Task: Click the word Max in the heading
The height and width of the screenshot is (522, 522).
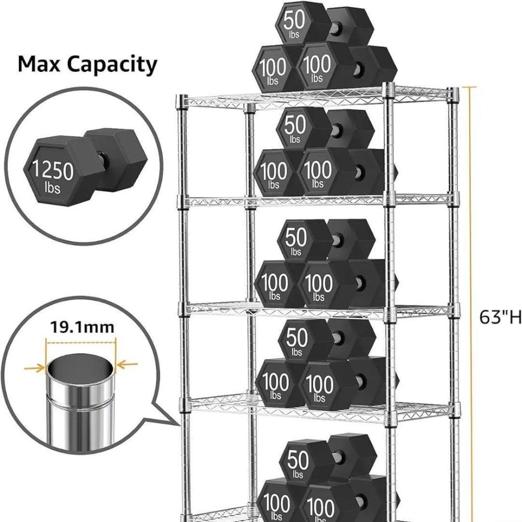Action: [39, 64]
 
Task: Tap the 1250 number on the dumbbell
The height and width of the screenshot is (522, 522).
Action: [53, 171]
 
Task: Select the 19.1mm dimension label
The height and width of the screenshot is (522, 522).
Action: [82, 327]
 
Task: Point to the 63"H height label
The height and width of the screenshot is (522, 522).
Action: [500, 317]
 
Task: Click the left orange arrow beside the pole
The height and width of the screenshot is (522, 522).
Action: [34, 368]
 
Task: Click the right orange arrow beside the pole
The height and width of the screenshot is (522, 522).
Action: [127, 364]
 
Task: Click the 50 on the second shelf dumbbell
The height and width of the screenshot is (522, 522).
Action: [295, 125]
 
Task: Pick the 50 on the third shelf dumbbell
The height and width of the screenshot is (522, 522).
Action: [296, 238]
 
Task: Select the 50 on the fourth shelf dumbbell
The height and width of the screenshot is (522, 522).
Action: [297, 338]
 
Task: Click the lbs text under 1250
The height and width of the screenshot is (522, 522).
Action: [52, 188]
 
